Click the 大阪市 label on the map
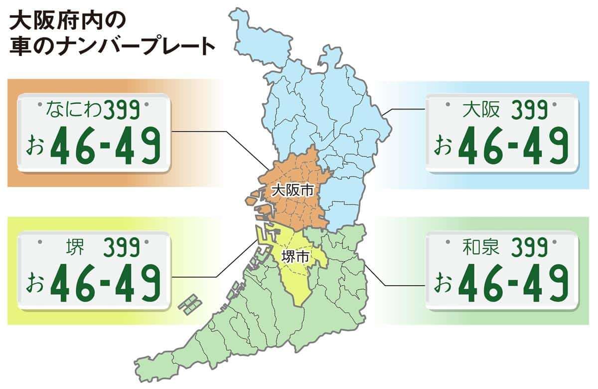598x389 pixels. (x=293, y=190)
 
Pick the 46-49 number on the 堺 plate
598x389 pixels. (x=107, y=282)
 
